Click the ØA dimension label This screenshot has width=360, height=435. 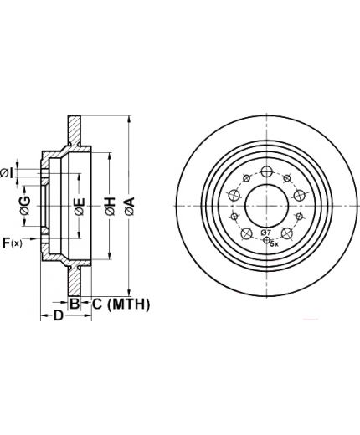click(130, 206)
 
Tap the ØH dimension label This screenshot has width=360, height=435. click(111, 206)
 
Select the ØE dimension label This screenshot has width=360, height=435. click(80, 207)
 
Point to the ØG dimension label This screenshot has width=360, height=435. click(25, 205)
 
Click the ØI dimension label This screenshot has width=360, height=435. click(7, 173)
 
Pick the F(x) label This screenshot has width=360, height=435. click(12, 243)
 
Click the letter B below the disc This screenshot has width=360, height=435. click(75, 304)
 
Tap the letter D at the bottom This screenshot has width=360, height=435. click(58, 315)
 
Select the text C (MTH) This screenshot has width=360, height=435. click(121, 304)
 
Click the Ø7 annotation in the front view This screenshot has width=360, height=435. click(266, 232)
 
